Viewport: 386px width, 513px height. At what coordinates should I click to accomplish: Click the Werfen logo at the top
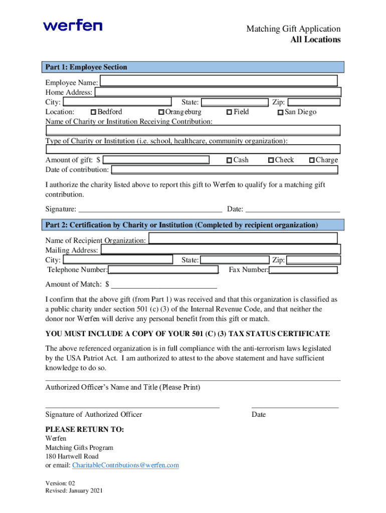(73, 25)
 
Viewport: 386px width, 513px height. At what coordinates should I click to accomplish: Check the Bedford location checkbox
(93, 112)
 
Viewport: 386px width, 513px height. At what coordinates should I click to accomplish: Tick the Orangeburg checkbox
(161, 112)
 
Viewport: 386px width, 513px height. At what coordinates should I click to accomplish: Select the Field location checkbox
(229, 112)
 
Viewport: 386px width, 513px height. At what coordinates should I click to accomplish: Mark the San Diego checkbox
(281, 112)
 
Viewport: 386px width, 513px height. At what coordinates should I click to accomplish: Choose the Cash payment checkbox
(229, 160)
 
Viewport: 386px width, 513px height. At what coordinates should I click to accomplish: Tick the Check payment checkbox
(271, 160)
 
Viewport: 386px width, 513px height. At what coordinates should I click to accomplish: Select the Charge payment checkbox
(312, 160)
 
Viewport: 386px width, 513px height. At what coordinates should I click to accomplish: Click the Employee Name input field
(219, 81)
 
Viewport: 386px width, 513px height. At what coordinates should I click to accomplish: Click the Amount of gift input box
(156, 160)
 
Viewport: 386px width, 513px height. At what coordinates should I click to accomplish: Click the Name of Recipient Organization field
(243, 238)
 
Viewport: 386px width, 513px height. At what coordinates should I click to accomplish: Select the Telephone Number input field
(163, 270)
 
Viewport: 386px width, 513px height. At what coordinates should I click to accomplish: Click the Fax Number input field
(303, 270)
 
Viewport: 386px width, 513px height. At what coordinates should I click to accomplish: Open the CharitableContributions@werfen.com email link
(125, 465)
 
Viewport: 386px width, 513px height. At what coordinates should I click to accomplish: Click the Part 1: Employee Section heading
(86, 67)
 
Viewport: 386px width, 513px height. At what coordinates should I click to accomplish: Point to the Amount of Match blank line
(164, 285)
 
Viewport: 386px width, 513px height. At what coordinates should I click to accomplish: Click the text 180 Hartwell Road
(72, 456)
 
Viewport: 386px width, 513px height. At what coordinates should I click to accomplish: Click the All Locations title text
(315, 40)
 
